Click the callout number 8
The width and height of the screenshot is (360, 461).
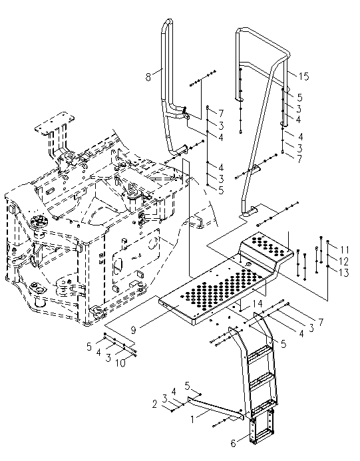pyautogui.click(x=148, y=77)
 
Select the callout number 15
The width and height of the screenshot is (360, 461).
pyautogui.click(x=304, y=77)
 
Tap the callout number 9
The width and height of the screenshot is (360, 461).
pyautogui.click(x=134, y=330)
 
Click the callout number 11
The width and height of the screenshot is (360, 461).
pyautogui.click(x=344, y=250)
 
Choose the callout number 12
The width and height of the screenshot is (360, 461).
pyautogui.click(x=343, y=261)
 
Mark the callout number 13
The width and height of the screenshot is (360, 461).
pyautogui.click(x=343, y=273)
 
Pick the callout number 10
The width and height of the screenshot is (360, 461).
pyautogui.click(x=120, y=363)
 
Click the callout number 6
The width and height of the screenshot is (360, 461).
pyautogui.click(x=234, y=443)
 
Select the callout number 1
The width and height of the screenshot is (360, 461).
pyautogui.click(x=192, y=419)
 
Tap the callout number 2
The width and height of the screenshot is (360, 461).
pyautogui.click(x=155, y=404)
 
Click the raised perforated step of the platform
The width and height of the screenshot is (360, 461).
pyautogui.click(x=267, y=245)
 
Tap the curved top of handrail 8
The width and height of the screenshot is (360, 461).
pyautogui.click(x=166, y=23)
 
